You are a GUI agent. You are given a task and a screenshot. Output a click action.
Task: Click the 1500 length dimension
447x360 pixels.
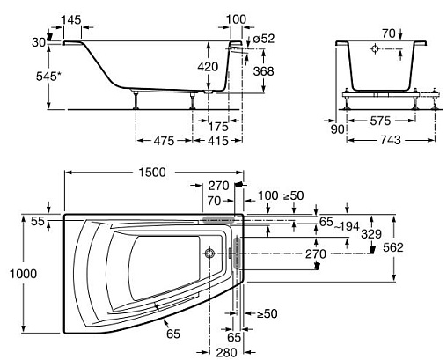(152, 173)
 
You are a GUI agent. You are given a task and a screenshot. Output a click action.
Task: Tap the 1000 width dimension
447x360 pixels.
(24, 274)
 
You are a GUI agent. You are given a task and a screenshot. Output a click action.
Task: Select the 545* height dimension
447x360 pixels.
(49, 77)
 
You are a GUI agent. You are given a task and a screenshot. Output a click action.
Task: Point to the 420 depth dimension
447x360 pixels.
(208, 67)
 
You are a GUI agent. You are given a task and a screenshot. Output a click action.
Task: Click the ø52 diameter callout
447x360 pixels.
(263, 39)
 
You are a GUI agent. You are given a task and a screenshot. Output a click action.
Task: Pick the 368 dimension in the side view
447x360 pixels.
(263, 71)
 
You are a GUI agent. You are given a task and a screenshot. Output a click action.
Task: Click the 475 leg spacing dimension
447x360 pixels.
(164, 141)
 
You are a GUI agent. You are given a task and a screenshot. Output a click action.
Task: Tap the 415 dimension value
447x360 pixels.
(218, 141)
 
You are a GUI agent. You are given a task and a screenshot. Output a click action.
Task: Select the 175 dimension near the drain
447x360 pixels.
(218, 127)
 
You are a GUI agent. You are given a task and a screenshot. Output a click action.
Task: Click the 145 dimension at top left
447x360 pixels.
(71, 20)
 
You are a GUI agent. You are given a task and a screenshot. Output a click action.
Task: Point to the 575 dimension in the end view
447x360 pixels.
(380, 121)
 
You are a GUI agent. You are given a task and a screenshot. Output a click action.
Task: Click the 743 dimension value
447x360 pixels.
(391, 140)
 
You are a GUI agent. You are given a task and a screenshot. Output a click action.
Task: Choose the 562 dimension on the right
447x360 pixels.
(393, 247)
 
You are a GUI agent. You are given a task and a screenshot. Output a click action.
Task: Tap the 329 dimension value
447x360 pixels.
(371, 234)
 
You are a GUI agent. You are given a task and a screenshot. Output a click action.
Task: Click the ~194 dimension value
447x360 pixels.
(347, 226)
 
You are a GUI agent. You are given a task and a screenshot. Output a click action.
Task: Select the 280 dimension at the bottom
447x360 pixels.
(226, 352)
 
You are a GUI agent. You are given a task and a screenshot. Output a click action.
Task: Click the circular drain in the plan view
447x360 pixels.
(209, 253)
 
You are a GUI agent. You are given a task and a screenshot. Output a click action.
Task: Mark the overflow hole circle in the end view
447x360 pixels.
(375, 48)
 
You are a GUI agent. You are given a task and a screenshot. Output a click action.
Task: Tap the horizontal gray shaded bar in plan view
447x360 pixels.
(218, 219)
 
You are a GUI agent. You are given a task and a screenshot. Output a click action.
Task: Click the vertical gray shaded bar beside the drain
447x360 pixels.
(237, 253)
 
